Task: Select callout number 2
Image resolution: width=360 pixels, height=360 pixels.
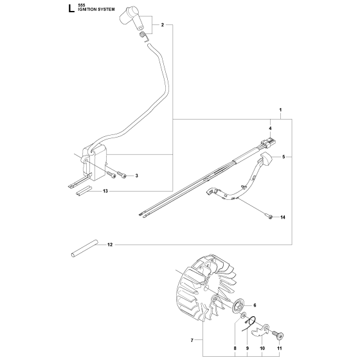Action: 163,25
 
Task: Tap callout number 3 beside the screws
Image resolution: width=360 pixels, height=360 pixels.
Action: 136,176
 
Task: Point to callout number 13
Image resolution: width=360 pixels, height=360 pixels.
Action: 105,191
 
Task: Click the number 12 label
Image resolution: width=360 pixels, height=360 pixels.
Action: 110,245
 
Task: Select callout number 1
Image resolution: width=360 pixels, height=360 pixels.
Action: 280,110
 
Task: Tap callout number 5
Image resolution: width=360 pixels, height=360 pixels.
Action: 283,157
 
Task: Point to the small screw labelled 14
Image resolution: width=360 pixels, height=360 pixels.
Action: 269,216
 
